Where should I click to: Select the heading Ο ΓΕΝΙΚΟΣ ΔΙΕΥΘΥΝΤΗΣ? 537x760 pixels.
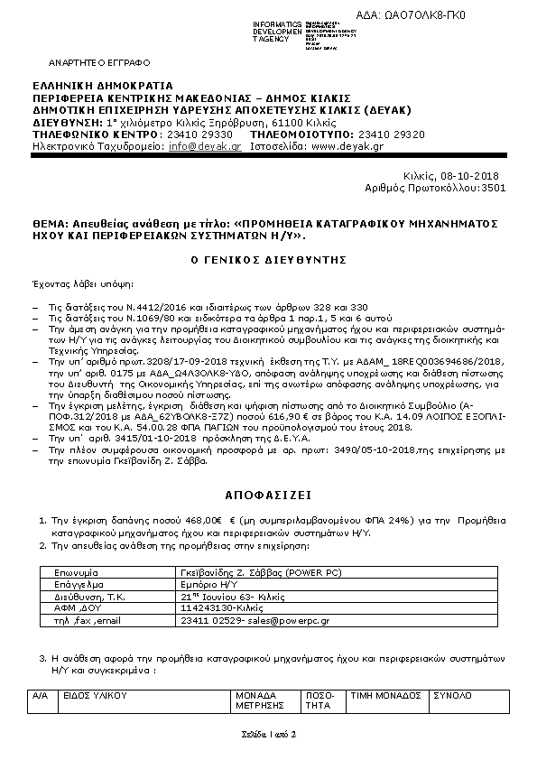pos(268,259)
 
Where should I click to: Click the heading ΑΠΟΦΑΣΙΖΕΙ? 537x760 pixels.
pos(268,496)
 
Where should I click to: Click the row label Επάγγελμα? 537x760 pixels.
pos(79,584)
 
